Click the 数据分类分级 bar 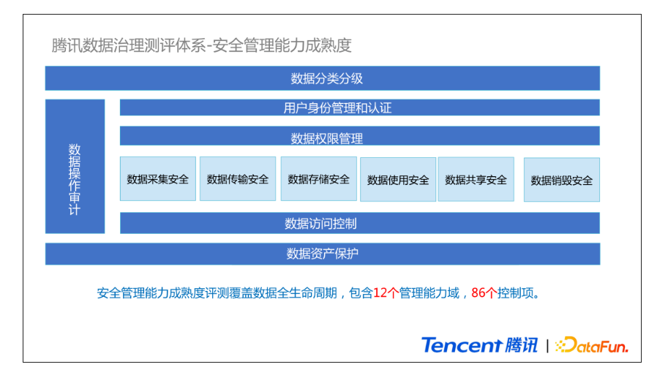[x=323, y=78]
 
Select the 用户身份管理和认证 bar [x=359, y=107]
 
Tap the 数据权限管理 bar [x=359, y=136]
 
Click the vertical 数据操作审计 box [x=75, y=167]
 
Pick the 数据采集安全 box [x=157, y=179]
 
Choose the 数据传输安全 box [x=238, y=179]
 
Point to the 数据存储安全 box [x=319, y=179]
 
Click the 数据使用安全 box [x=398, y=180]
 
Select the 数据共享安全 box [x=476, y=179]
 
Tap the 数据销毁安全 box [x=561, y=180]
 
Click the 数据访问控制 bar [x=359, y=224]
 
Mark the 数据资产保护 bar [x=323, y=254]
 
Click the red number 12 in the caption [x=380, y=293]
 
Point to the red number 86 [x=478, y=293]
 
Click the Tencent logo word [x=462, y=345]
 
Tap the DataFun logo [x=592, y=345]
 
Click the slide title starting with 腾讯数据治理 [x=201, y=45]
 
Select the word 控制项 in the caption [x=516, y=293]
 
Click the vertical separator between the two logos [x=547, y=346]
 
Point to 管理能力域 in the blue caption [x=429, y=293]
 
